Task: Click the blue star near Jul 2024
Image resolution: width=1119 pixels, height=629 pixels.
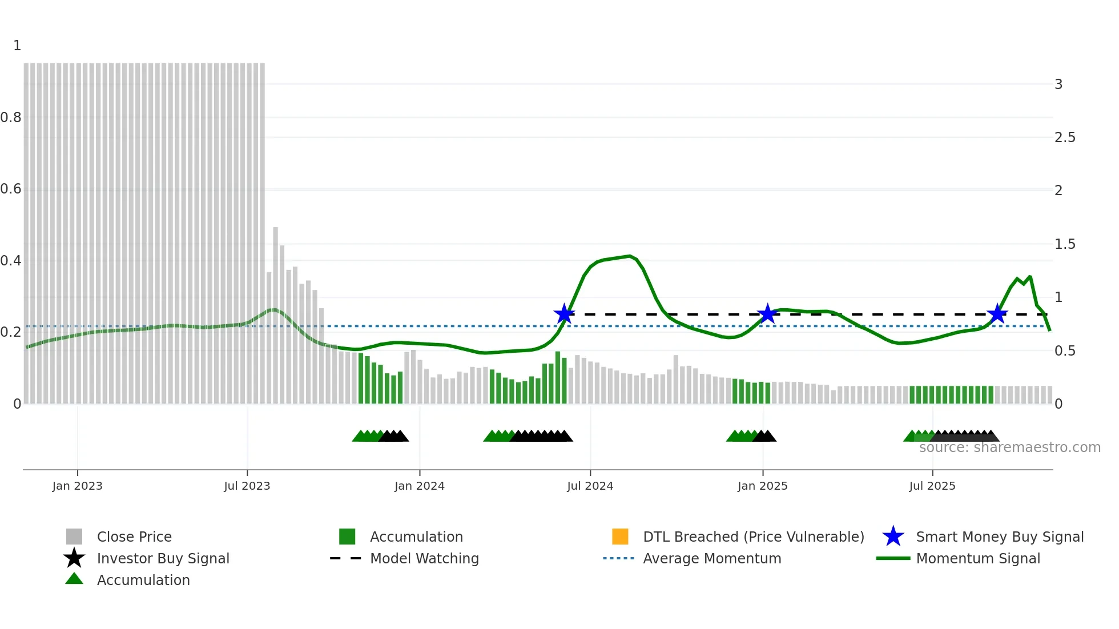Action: (564, 313)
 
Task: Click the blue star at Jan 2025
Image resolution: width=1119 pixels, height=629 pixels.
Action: (767, 313)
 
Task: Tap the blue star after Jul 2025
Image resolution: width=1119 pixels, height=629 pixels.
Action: (997, 313)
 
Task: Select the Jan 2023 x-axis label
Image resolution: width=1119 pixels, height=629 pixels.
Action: (77, 486)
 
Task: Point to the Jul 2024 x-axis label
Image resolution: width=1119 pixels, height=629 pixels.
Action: (590, 486)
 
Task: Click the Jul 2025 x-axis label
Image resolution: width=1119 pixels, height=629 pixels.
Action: (932, 486)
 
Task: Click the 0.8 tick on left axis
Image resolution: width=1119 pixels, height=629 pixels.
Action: (11, 118)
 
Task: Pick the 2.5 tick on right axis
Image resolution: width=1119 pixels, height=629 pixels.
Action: (1064, 138)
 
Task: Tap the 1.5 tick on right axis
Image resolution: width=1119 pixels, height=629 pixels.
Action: (1064, 244)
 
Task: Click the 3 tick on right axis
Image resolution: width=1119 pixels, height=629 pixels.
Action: (1058, 84)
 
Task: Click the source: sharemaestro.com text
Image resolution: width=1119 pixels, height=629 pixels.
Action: (1009, 447)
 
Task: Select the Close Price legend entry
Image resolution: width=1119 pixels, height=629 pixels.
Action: (134, 537)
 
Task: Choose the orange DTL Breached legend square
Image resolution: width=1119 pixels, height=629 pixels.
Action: (619, 537)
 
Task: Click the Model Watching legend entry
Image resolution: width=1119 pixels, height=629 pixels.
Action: (424, 558)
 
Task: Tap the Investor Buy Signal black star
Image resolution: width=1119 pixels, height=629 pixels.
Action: (74, 558)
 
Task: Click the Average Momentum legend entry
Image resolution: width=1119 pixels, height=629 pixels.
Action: (711, 558)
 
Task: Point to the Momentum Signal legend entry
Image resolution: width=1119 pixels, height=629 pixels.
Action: (977, 558)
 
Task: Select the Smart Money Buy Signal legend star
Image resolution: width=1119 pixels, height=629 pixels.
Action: (893, 537)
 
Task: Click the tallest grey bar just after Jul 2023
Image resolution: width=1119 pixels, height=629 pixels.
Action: (275, 314)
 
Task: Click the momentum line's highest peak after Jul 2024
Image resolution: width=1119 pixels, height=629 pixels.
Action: (629, 256)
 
